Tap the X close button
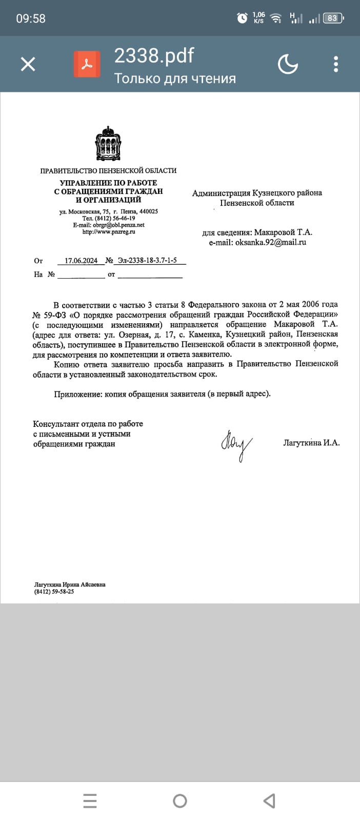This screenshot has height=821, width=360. (x=28, y=64)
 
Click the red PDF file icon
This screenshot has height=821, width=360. (x=87, y=64)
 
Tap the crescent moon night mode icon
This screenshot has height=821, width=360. (x=288, y=64)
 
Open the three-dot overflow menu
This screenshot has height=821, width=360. (x=336, y=64)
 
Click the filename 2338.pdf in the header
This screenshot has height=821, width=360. (x=154, y=55)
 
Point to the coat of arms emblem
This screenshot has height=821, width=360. (x=108, y=144)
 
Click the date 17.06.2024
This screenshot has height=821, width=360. (x=81, y=261)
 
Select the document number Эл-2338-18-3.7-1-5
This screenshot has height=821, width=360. (x=147, y=261)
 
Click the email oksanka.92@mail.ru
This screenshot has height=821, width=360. (x=271, y=242)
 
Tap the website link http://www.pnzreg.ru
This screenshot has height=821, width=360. (x=109, y=232)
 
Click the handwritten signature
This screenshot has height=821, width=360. (x=237, y=444)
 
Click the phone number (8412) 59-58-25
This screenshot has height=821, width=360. (x=54, y=592)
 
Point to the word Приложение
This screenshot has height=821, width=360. (x=78, y=394)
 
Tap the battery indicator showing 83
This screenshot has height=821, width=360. (x=332, y=18)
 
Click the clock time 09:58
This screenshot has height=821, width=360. (x=31, y=18)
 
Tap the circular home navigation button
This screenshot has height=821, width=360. (x=180, y=800)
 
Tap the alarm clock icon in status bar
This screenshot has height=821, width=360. (x=242, y=18)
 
